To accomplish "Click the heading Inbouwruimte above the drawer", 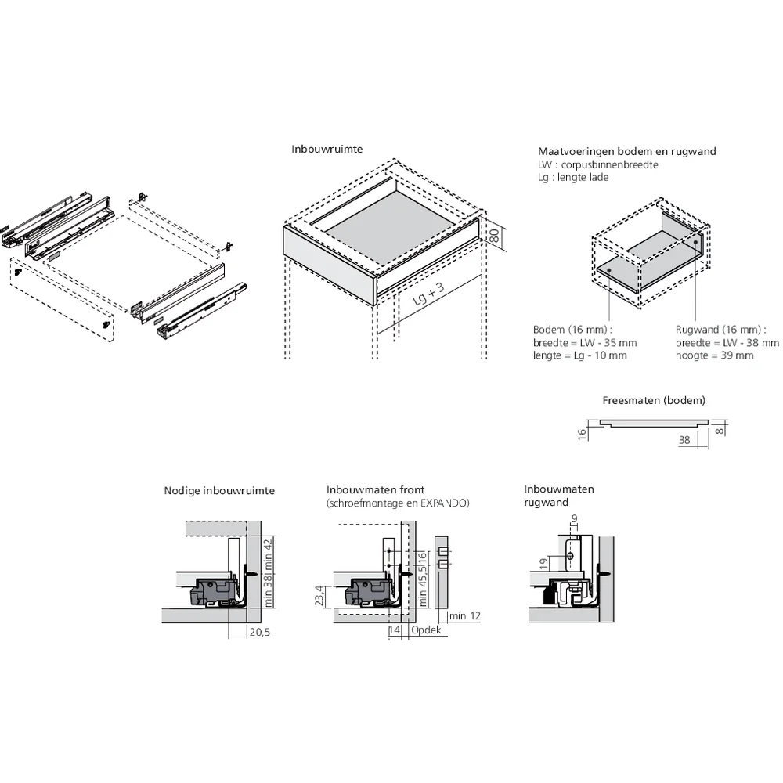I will pos(327,149).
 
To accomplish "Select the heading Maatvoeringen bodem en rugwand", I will pos(626,151).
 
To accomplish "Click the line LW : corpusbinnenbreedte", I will pos(597,164).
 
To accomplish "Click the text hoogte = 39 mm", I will pos(714,355).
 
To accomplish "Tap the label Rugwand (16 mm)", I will pos(719,330).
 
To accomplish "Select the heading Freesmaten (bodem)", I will pos(654,400).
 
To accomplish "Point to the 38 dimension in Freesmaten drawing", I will pos(684,440).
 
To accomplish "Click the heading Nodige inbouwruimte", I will pos(219,491).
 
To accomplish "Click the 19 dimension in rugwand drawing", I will pos(543,562).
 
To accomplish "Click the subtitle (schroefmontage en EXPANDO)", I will pos(398,503).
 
